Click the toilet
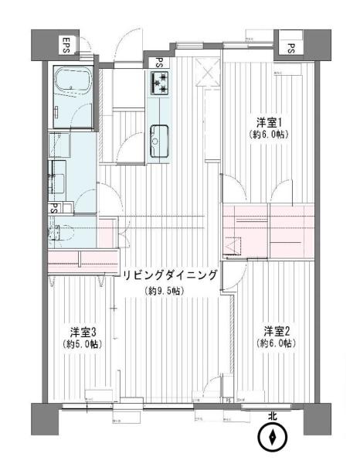pos(63,230)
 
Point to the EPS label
pos(66,45)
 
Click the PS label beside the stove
pos(158,63)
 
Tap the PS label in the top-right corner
pos(291,48)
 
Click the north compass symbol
pos(272,438)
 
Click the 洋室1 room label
pos(268,122)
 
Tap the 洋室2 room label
pos(276,328)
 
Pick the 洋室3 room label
pos(82,329)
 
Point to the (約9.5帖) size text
pos(165,292)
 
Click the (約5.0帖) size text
pos(82,343)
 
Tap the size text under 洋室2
pos(276,343)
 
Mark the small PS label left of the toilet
pos(54,208)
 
